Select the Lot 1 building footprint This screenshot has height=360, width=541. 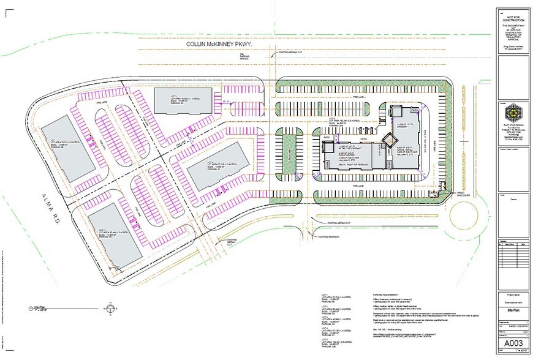tap(69, 144)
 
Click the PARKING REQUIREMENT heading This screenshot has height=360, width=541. tap(388, 295)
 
